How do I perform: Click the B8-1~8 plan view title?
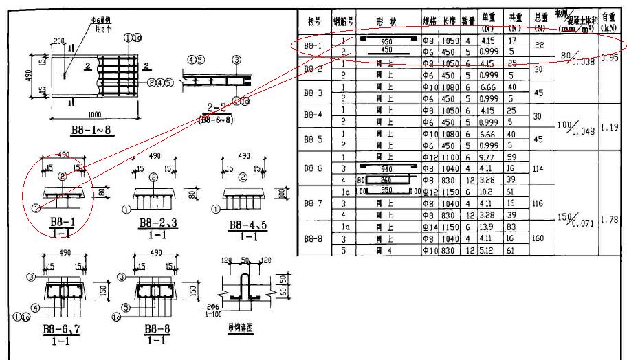point(92,130)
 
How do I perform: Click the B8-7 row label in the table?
point(313,204)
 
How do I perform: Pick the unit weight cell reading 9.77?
point(488,157)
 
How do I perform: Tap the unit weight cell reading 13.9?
point(488,227)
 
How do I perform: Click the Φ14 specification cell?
point(430,227)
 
